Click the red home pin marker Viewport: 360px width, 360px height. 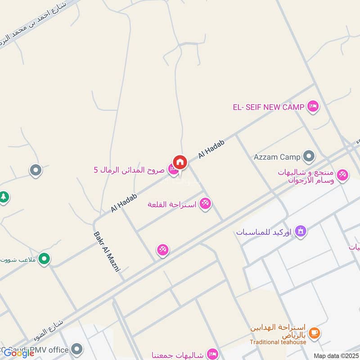point(180,162)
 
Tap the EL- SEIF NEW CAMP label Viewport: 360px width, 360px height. point(269,107)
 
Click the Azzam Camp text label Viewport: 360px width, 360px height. point(277,157)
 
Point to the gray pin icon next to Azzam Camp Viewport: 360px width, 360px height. point(309,157)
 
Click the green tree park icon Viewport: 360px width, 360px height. point(4,197)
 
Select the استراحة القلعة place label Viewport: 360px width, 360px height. point(172,204)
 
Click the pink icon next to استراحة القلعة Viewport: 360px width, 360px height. point(205,204)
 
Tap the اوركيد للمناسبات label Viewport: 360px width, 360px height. point(264,232)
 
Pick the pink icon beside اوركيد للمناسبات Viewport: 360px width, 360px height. point(301,231)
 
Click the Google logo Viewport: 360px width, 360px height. point(19,353)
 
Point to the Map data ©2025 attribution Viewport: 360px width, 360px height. point(336,355)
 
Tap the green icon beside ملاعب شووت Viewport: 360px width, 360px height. point(44,259)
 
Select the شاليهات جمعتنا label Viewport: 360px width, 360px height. point(179,354)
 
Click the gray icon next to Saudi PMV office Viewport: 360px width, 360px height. point(77,349)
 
